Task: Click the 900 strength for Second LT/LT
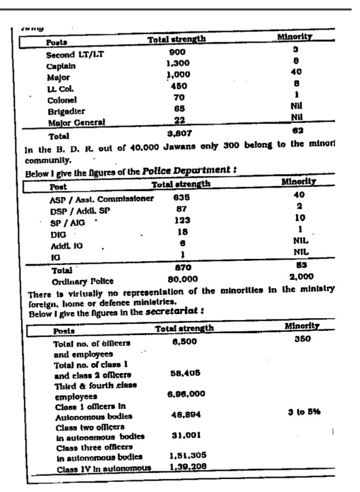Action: point(176,52)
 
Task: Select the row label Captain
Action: point(61,66)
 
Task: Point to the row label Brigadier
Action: point(66,111)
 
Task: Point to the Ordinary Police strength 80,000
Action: point(182,279)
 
